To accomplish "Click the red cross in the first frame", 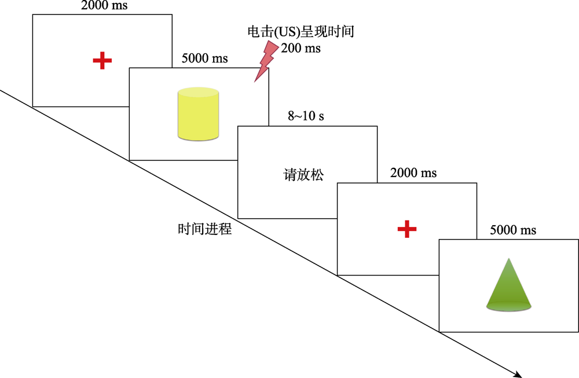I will pos(102,60).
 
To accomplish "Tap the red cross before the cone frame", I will pos(407,229).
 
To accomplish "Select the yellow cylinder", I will pos(197,114).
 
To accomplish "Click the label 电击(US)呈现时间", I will pos(301,33).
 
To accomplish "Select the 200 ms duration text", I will pos(301,49).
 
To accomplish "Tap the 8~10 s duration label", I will pos(306,116).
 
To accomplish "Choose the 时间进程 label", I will pos(205,229).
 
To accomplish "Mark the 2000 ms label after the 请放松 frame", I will pos(413,173).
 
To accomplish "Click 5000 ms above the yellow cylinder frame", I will pos(204,58).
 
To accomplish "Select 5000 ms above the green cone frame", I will pos(513,230).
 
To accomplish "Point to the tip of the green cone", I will pos(508,260).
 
